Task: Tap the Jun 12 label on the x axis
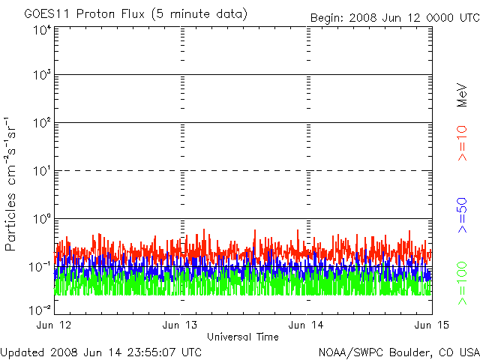pos(54,325)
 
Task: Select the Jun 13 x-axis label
pos(180,325)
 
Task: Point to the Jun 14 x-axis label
pos(306,325)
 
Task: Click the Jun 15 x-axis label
pos(432,325)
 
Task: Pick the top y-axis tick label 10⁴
pos(42,31)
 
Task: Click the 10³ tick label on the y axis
pos(42,75)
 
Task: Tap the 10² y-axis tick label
pos(42,123)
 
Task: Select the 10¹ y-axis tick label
pos(42,171)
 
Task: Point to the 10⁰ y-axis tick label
pos(42,219)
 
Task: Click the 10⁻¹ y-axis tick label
pos(40,267)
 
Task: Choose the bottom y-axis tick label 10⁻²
pos(40,310)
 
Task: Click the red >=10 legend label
pos(462,143)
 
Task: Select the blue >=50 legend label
pos(462,215)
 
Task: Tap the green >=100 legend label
pos(462,283)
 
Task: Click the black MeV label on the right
pos(462,95)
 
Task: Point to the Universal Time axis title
pos(243,337)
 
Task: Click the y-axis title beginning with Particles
pos(10,184)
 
